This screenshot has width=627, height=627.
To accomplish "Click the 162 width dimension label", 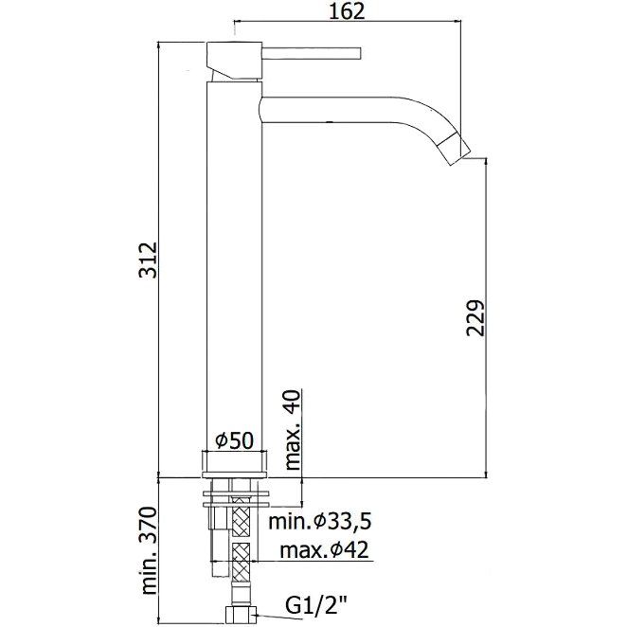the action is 347,12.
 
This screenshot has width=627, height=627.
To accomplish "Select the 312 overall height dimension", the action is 148,260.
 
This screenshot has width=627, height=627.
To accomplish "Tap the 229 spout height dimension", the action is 475,318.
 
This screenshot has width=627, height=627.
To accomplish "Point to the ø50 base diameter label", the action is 234,441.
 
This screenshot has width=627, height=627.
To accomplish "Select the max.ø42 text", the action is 324,550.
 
